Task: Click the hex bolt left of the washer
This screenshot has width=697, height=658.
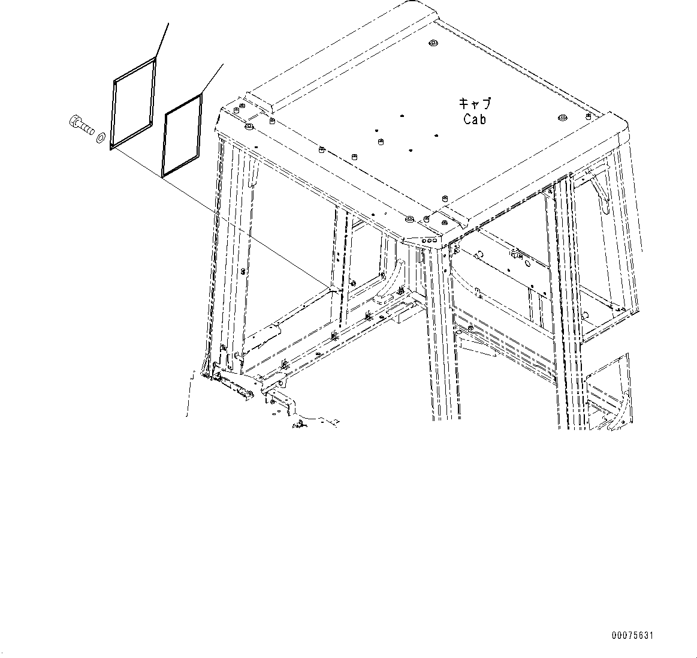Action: (82, 125)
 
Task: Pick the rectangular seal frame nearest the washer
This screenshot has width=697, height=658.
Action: (134, 103)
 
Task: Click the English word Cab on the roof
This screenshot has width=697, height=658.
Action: (475, 119)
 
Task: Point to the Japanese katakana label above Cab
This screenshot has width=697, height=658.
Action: (475, 104)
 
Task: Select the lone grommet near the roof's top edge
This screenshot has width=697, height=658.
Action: (432, 43)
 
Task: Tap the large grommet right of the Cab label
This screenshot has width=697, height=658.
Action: (562, 118)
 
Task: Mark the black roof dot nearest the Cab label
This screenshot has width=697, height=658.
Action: (436, 136)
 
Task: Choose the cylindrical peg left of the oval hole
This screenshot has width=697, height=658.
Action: (478, 255)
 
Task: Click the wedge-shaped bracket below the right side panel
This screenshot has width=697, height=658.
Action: (478, 345)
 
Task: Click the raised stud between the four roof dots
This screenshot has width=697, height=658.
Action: (381, 142)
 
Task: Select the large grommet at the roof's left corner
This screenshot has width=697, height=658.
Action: (249, 128)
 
